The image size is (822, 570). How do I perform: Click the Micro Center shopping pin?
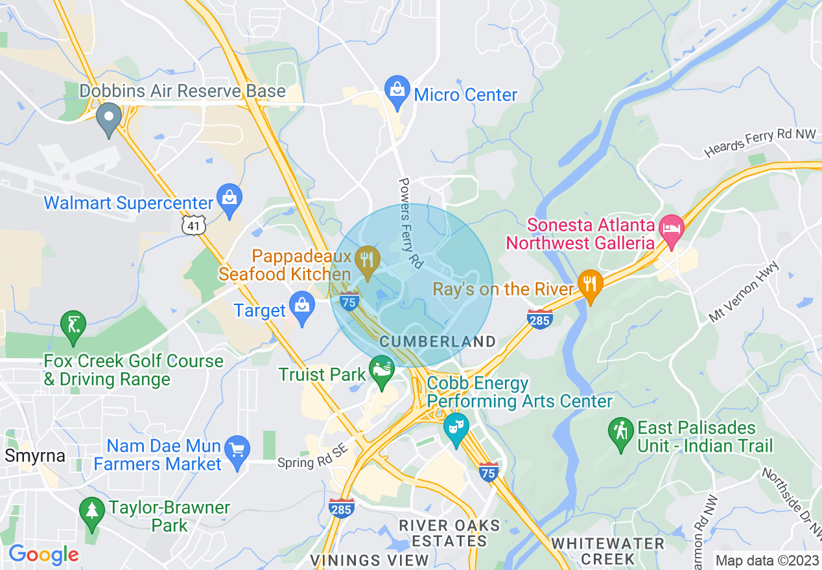point(397,91)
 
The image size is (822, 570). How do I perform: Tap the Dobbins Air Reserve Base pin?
point(109,118)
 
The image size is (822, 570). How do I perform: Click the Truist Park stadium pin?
point(381,371)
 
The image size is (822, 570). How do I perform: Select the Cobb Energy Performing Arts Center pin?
point(456,428)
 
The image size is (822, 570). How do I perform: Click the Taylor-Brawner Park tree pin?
point(91,511)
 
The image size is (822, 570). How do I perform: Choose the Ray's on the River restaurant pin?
point(590,285)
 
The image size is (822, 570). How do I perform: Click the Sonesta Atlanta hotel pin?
point(672,229)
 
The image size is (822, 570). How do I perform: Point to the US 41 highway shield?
point(193,225)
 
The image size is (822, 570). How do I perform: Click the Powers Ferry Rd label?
point(411,223)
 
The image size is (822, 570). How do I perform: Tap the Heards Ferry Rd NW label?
point(760,142)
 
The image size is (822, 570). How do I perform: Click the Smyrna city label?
point(35,455)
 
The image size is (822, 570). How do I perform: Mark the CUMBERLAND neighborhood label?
point(438,341)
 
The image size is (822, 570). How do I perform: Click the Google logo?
point(43,554)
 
